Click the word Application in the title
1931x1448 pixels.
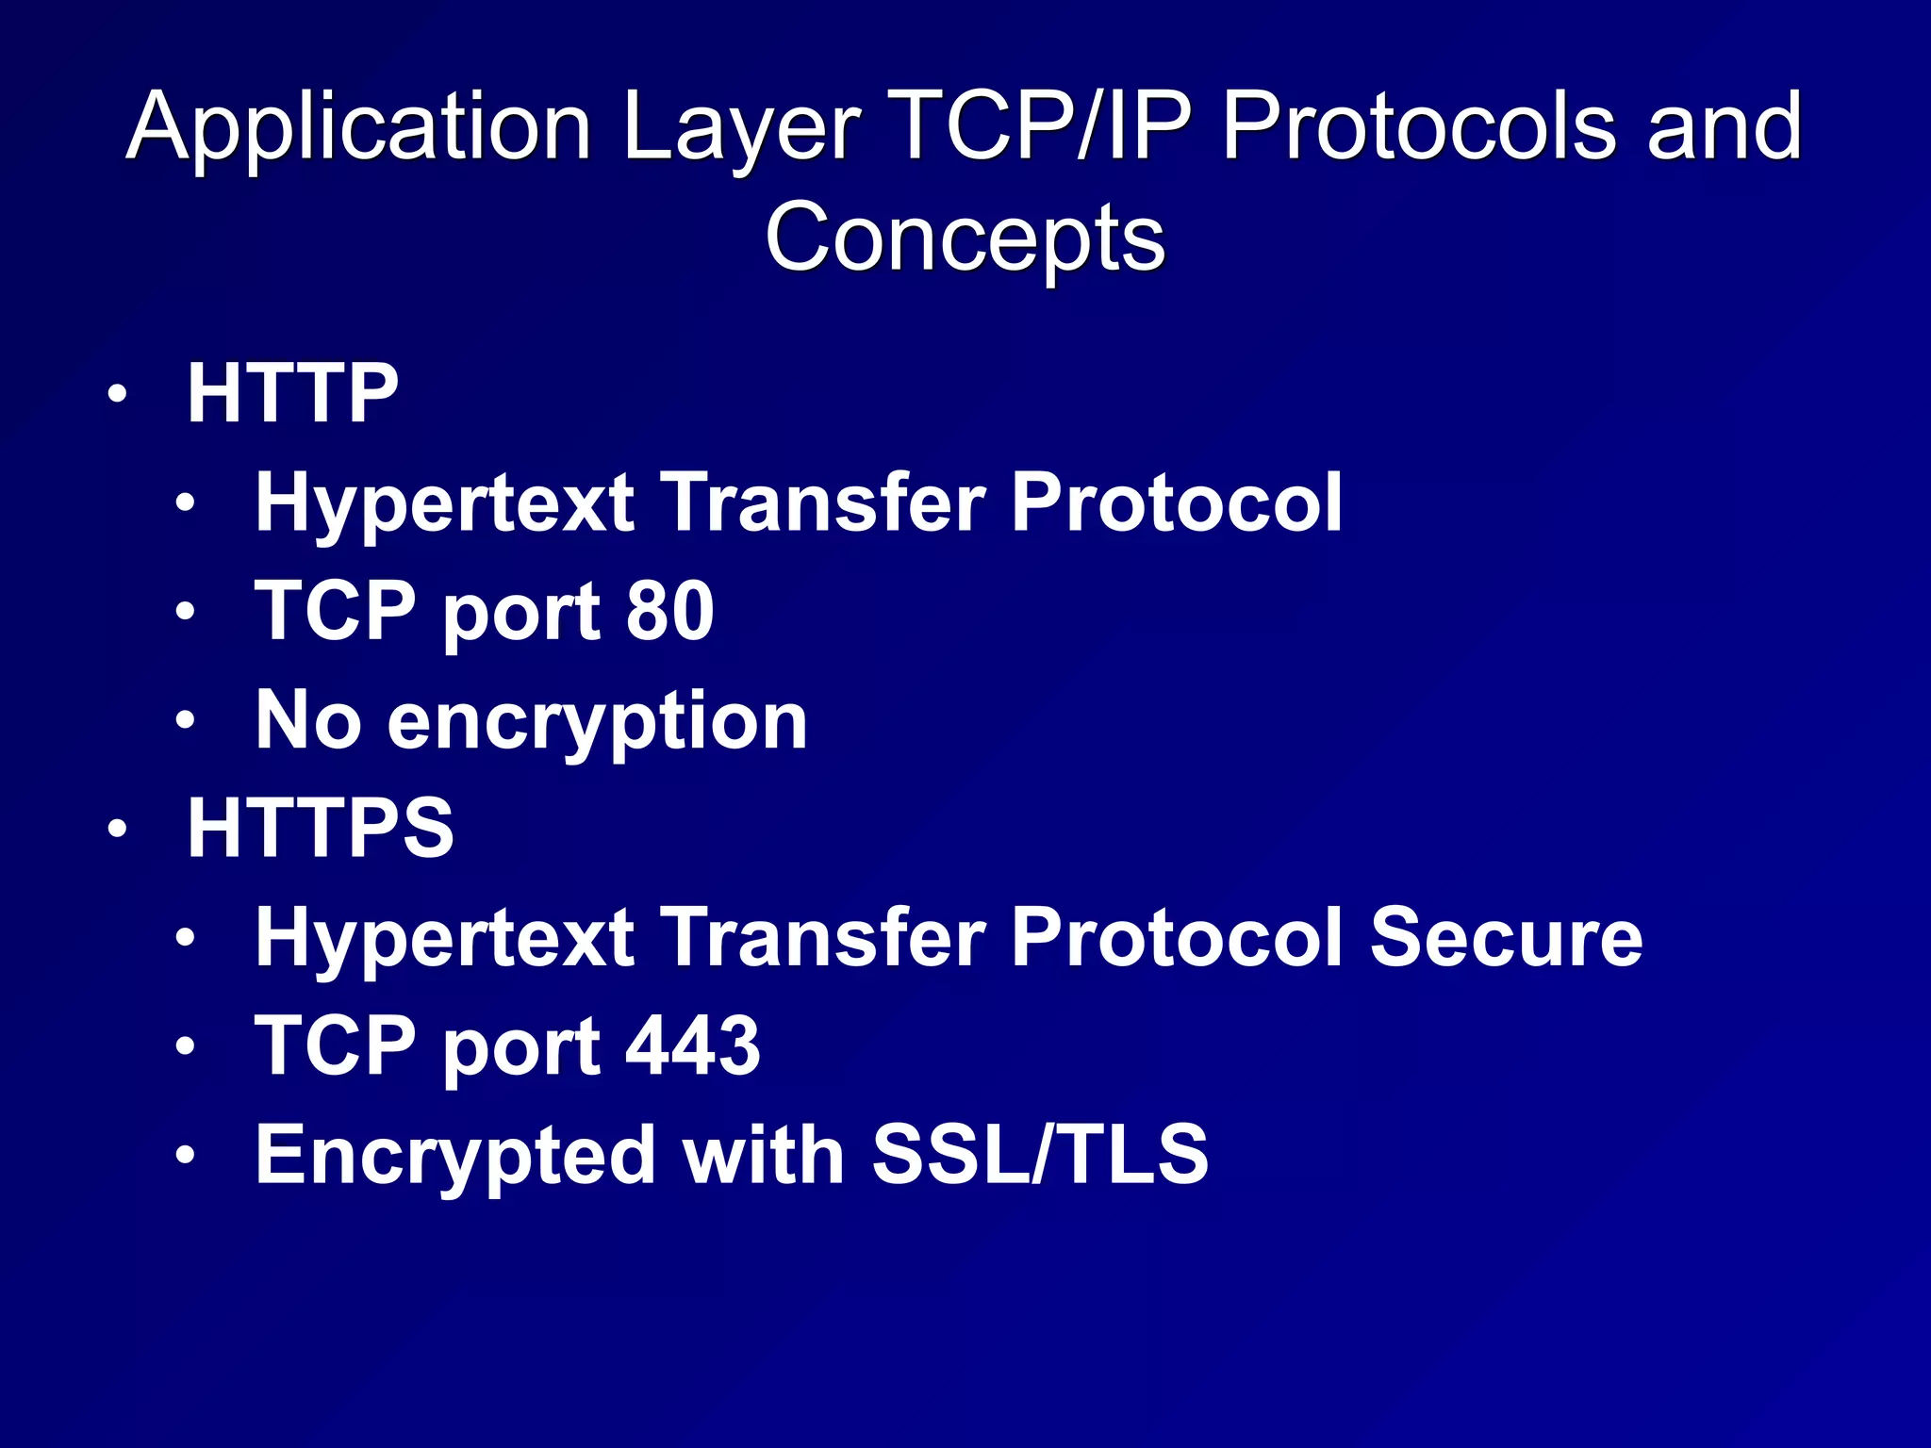pyautogui.click(x=358, y=127)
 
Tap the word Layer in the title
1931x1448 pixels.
pyautogui.click(x=740, y=127)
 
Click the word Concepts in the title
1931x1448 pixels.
pyautogui.click(x=965, y=238)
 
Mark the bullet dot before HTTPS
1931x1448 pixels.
pyautogui.click(x=116, y=830)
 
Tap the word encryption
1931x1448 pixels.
pyautogui.click(x=598, y=722)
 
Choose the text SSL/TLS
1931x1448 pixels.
pyautogui.click(x=1040, y=1154)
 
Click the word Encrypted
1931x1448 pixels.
pyautogui.click(x=456, y=1156)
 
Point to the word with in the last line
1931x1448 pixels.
pyautogui.click(x=764, y=1154)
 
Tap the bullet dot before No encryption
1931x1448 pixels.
pyautogui.click(x=185, y=721)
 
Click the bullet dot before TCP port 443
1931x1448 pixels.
pyautogui.click(x=185, y=1045)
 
